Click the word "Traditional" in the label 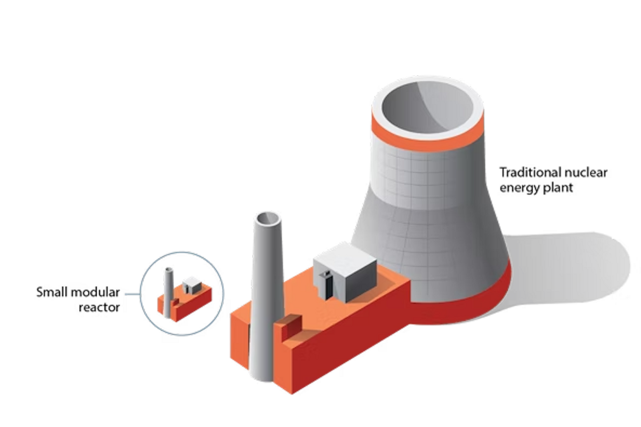530,172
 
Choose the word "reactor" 99,307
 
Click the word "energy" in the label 520,188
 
